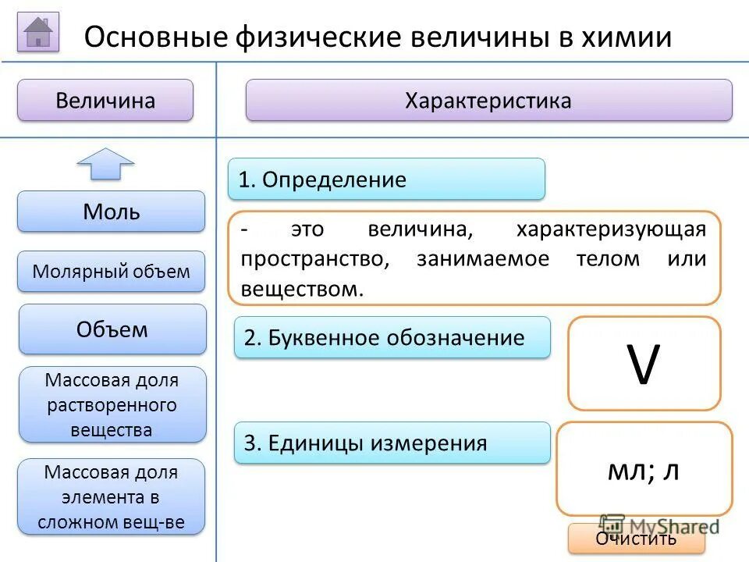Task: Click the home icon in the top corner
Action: click(x=38, y=32)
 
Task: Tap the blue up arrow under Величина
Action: click(x=105, y=163)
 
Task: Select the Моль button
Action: click(x=112, y=212)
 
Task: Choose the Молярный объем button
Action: click(x=112, y=272)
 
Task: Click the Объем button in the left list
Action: click(x=112, y=329)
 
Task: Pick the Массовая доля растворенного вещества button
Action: click(x=112, y=405)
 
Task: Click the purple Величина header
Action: click(x=105, y=100)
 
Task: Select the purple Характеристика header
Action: click(x=488, y=100)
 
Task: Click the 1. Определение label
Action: click(x=386, y=180)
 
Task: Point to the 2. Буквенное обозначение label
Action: click(x=392, y=338)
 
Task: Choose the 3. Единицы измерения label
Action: click(x=392, y=443)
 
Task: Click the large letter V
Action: click(x=644, y=364)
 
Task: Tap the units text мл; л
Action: click(x=643, y=470)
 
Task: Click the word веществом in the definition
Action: click(x=303, y=289)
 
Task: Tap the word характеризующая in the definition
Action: click(x=610, y=229)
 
